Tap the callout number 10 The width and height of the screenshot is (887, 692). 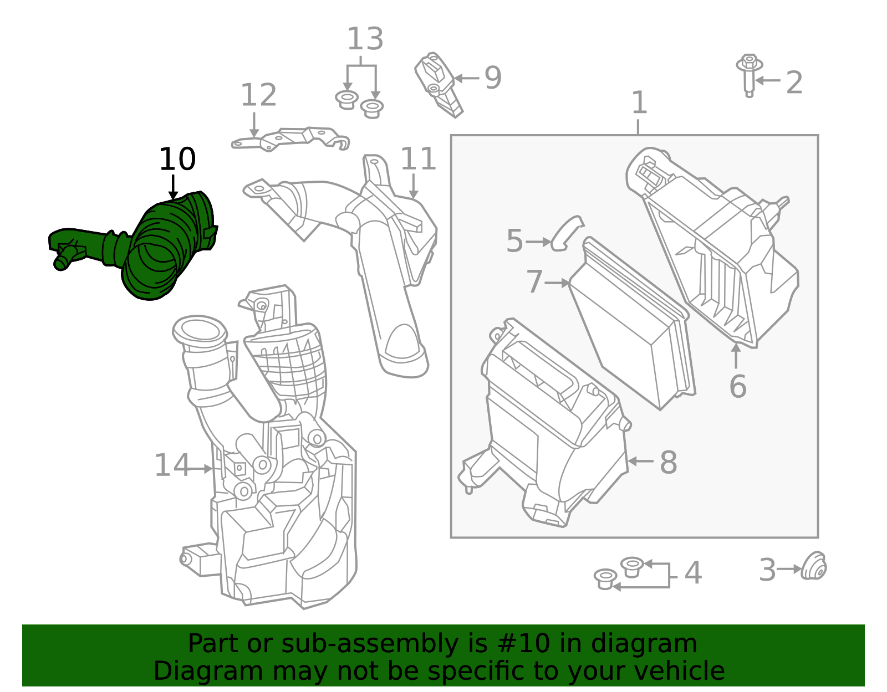177,159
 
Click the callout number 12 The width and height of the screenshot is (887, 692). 259,95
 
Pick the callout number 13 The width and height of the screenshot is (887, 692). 365,39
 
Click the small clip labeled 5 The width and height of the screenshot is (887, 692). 567,234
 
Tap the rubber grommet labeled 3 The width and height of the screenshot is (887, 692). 813,566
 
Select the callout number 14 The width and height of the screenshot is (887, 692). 172,465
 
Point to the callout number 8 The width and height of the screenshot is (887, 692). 669,463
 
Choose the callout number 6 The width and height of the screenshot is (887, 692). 738,386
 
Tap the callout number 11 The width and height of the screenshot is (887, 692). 419,159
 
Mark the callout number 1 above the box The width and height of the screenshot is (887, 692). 639,102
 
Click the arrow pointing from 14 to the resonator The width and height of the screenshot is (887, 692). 201,469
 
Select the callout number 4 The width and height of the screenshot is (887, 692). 693,573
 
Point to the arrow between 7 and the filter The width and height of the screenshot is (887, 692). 557,283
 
